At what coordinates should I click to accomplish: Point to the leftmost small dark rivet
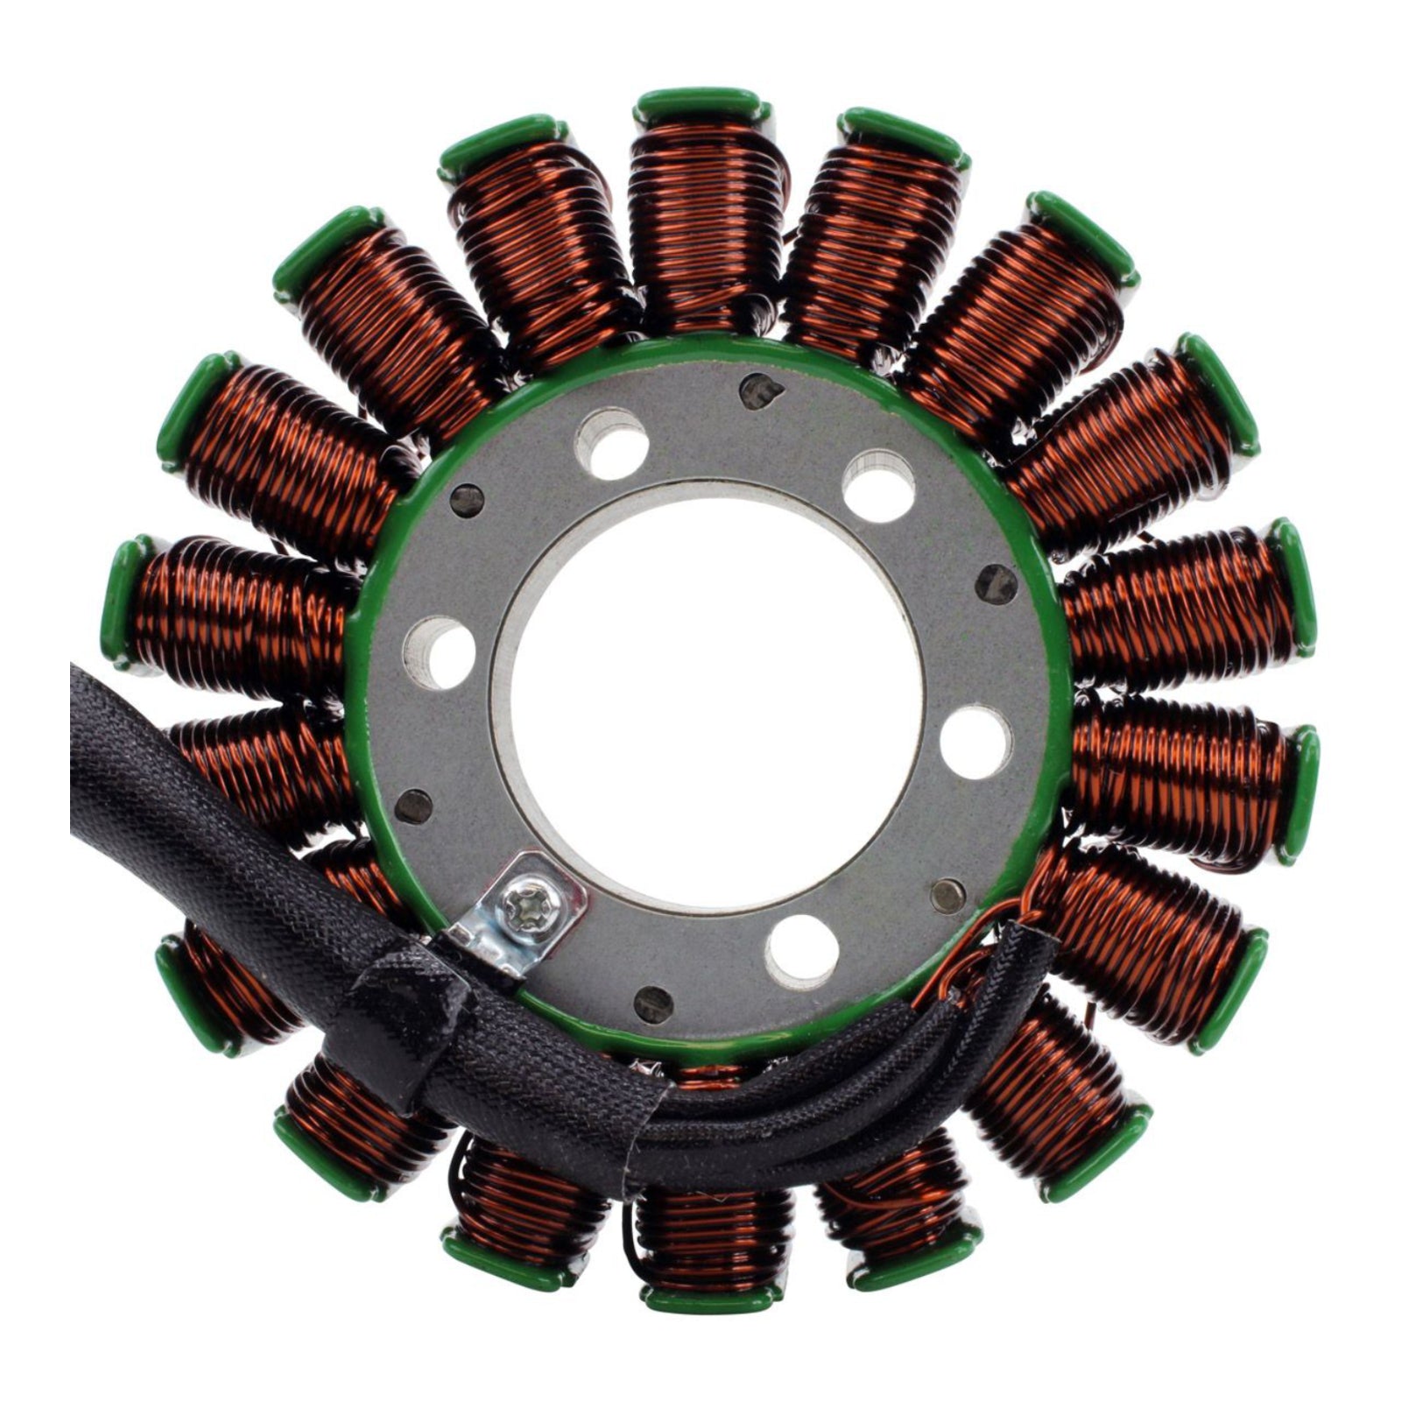click(414, 806)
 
